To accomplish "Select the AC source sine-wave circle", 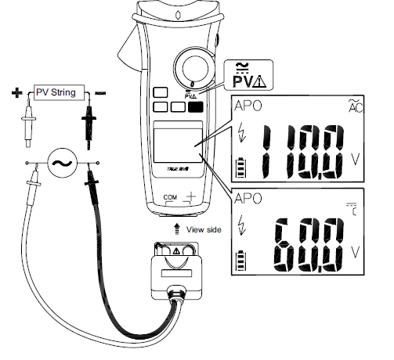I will [60, 164].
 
